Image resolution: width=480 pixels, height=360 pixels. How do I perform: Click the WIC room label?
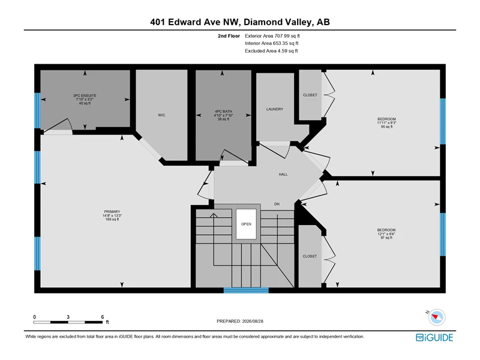click(161, 115)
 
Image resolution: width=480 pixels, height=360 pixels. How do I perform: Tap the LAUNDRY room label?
click(275, 109)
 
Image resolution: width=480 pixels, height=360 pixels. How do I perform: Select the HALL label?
click(283, 174)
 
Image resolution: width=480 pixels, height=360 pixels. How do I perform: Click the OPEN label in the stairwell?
click(246, 224)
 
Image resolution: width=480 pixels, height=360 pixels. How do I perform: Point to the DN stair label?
click(277, 204)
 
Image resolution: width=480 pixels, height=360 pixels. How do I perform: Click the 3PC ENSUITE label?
click(85, 95)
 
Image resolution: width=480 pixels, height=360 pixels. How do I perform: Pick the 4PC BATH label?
click(223, 112)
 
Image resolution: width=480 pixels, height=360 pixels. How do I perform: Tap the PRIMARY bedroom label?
click(112, 212)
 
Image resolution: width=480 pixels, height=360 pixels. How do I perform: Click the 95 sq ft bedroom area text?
click(386, 127)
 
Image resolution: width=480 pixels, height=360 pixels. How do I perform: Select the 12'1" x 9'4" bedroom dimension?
click(386, 234)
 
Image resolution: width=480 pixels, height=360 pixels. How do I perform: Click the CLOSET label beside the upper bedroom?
click(310, 95)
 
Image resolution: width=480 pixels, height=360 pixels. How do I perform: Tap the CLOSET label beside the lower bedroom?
click(310, 256)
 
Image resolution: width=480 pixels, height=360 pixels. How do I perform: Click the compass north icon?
click(436, 317)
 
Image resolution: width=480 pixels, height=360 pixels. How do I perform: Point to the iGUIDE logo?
click(434, 337)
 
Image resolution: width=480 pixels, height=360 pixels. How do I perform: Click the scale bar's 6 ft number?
click(103, 317)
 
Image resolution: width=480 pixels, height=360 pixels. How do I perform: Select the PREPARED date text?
click(240, 321)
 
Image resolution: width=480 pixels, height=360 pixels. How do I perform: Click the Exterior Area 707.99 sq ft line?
click(272, 36)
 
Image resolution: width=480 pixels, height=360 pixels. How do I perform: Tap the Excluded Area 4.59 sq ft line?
click(271, 51)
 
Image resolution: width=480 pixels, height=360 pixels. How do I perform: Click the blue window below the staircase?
click(246, 290)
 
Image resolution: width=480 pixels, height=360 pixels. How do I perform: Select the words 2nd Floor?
click(229, 36)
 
